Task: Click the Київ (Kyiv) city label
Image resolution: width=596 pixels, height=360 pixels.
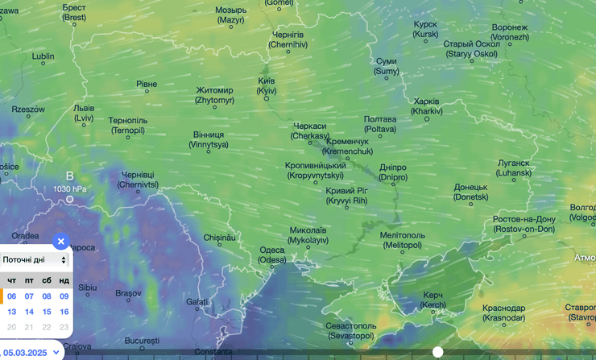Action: point(267,86)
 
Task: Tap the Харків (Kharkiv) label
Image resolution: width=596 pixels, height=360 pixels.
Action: point(426,106)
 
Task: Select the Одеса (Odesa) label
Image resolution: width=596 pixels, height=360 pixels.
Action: point(272,254)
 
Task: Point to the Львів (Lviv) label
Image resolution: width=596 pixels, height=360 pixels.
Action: point(84,113)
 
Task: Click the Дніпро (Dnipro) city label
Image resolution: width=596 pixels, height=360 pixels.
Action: point(393,172)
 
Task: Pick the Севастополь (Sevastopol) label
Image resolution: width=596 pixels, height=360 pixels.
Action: point(350,330)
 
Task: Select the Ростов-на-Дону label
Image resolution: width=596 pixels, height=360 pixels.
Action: point(524,224)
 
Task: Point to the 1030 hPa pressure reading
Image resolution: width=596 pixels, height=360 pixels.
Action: point(69,188)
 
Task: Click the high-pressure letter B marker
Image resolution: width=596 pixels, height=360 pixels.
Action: point(69,176)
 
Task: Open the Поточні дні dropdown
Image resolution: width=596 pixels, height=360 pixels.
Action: point(35,260)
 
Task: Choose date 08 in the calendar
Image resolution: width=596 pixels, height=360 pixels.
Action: point(47,296)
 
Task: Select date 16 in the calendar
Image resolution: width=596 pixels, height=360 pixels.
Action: point(64,312)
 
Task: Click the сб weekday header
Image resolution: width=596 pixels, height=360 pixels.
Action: point(47,280)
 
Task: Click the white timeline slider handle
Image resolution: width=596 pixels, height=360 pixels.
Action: point(437,352)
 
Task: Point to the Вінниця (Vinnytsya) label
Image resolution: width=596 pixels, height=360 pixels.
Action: point(209,140)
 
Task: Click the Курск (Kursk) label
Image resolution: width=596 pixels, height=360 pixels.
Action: point(425,30)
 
